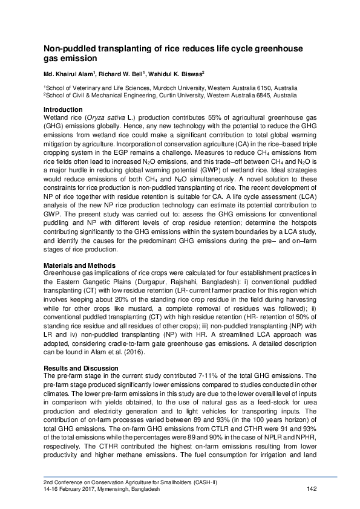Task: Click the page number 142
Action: click(312, 489)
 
